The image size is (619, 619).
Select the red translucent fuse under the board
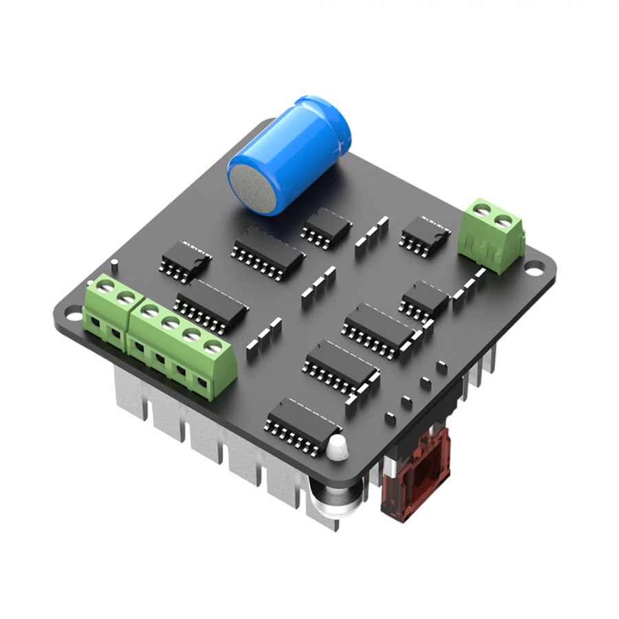pyautogui.click(x=415, y=475)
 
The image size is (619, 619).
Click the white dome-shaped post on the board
pyautogui.click(x=336, y=447)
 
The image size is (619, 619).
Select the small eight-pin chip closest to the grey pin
pyautogui.click(x=184, y=261)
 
